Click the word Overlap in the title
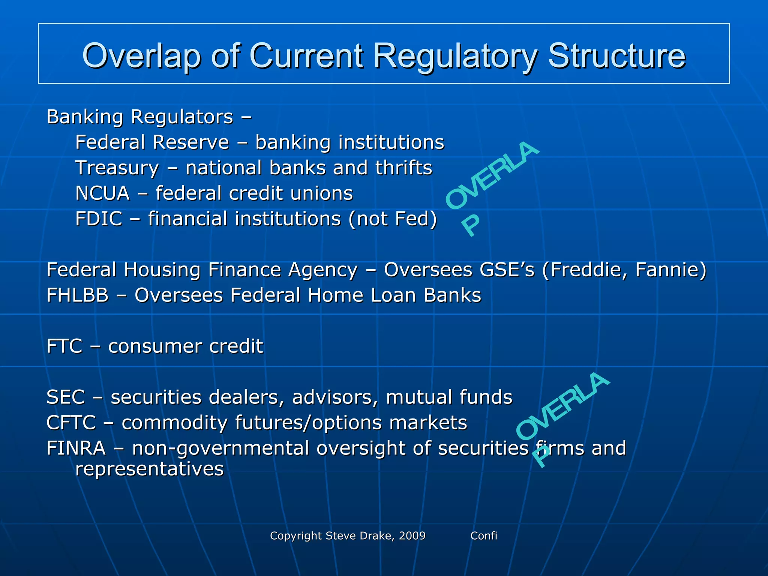142,56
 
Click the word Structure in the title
616,56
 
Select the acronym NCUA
102,193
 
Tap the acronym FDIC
99,219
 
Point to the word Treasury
117,168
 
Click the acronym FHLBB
77,295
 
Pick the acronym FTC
64,346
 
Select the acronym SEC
66,397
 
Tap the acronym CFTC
71,423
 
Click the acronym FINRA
76,448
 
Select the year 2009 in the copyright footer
412,535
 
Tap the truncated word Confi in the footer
484,535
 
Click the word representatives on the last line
149,469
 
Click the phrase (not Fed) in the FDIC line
393,219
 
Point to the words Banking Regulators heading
140,117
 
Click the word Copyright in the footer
296,535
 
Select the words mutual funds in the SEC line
449,397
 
